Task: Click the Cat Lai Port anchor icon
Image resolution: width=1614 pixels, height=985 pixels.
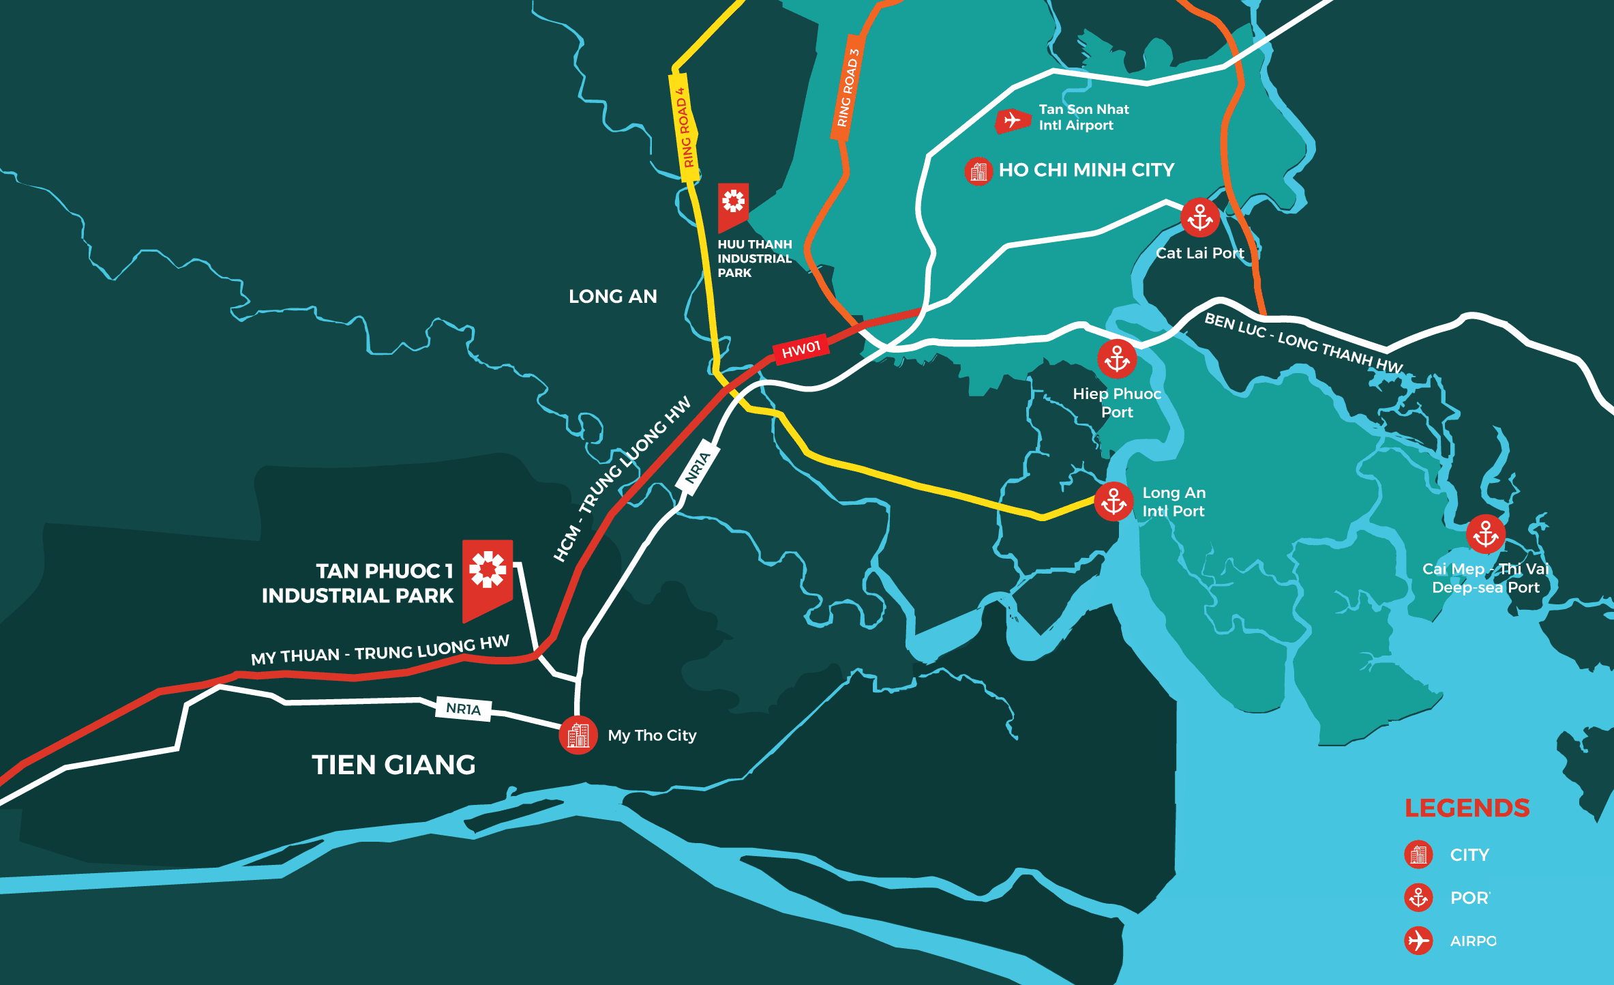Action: [x=1199, y=218]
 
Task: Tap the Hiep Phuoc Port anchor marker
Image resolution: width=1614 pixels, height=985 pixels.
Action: [x=1117, y=359]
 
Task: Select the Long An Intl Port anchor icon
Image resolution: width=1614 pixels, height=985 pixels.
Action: [x=1114, y=501]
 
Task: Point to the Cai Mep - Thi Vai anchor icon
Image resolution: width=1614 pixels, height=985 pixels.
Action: [x=1485, y=533]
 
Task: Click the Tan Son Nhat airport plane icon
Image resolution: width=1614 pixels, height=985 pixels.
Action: [x=1013, y=121]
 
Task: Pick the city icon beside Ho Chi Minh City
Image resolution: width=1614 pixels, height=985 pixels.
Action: [x=978, y=171]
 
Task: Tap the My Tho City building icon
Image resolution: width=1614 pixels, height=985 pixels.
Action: [x=578, y=735]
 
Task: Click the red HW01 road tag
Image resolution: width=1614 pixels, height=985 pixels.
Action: [x=801, y=349]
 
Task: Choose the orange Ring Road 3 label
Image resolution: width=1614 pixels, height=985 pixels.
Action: [x=846, y=88]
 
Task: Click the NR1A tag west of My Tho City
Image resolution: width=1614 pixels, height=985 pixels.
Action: [x=464, y=709]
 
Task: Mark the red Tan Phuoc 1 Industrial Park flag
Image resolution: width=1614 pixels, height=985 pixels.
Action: [x=487, y=576]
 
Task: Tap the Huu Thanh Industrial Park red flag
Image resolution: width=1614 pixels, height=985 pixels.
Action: [x=733, y=205]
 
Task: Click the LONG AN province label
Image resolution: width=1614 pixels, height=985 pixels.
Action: [x=612, y=296]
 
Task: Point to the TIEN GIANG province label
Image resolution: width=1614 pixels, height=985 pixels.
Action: [x=393, y=765]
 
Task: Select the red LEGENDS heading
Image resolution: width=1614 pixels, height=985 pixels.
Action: [x=1467, y=808]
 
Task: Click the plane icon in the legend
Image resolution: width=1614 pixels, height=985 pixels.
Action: [x=1418, y=941]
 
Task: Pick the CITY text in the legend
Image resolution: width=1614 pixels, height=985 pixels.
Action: [x=1469, y=855]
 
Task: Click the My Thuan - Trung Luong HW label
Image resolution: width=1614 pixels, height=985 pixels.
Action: [x=380, y=651]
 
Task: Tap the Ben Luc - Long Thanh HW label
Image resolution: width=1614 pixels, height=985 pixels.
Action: [x=1303, y=342]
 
